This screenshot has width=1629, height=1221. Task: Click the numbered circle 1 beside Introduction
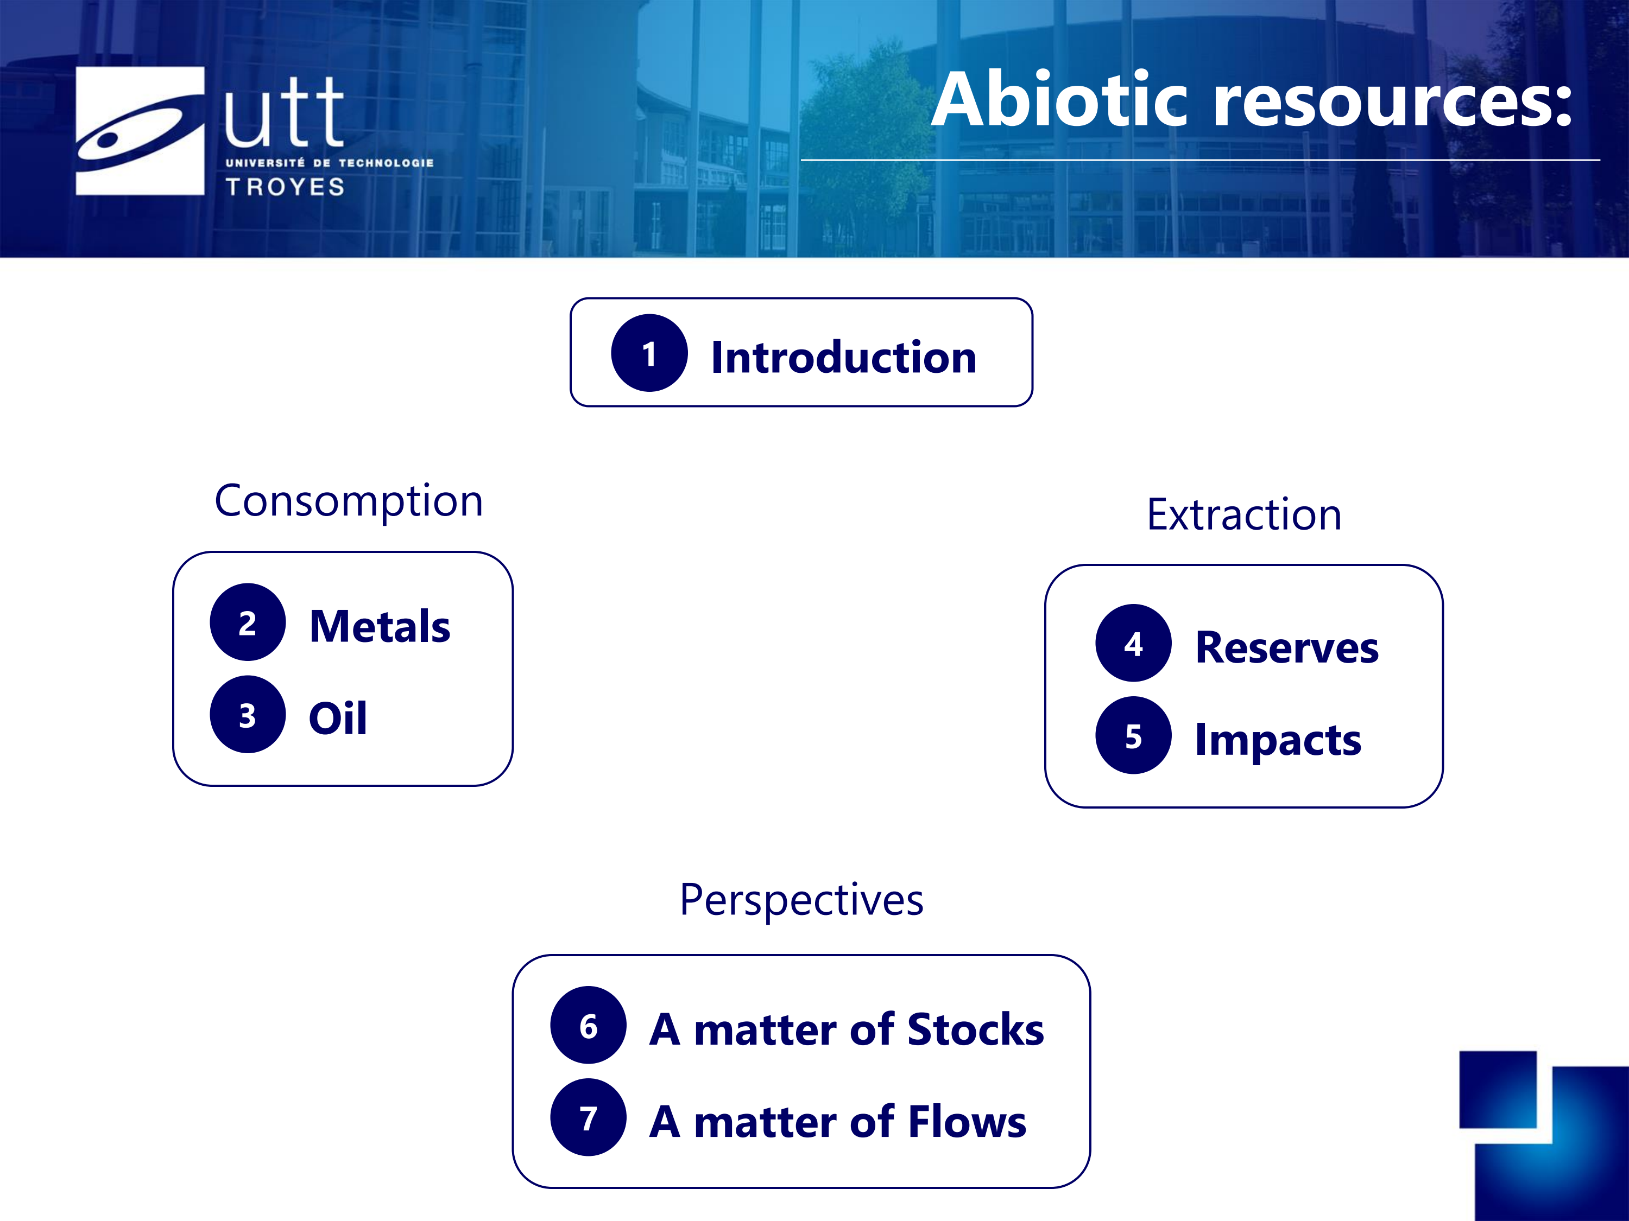[649, 353]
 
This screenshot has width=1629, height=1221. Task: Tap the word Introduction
[843, 358]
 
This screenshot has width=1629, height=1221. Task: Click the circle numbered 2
[248, 622]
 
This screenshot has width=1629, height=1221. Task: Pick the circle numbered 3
[248, 714]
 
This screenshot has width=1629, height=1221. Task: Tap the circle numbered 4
[1133, 643]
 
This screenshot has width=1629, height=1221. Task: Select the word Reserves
[1286, 647]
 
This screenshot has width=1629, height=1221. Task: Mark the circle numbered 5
[1133, 735]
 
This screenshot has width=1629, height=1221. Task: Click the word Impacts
[1278, 740]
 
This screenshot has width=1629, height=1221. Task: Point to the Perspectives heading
[801, 901]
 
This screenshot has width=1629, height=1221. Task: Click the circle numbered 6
[589, 1025]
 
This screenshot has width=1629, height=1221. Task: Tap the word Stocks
[976, 1029]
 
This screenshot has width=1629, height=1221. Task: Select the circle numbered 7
[589, 1117]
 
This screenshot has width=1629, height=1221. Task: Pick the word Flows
[967, 1122]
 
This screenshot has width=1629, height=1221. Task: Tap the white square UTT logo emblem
[140, 131]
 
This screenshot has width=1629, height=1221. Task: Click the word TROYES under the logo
[286, 187]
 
